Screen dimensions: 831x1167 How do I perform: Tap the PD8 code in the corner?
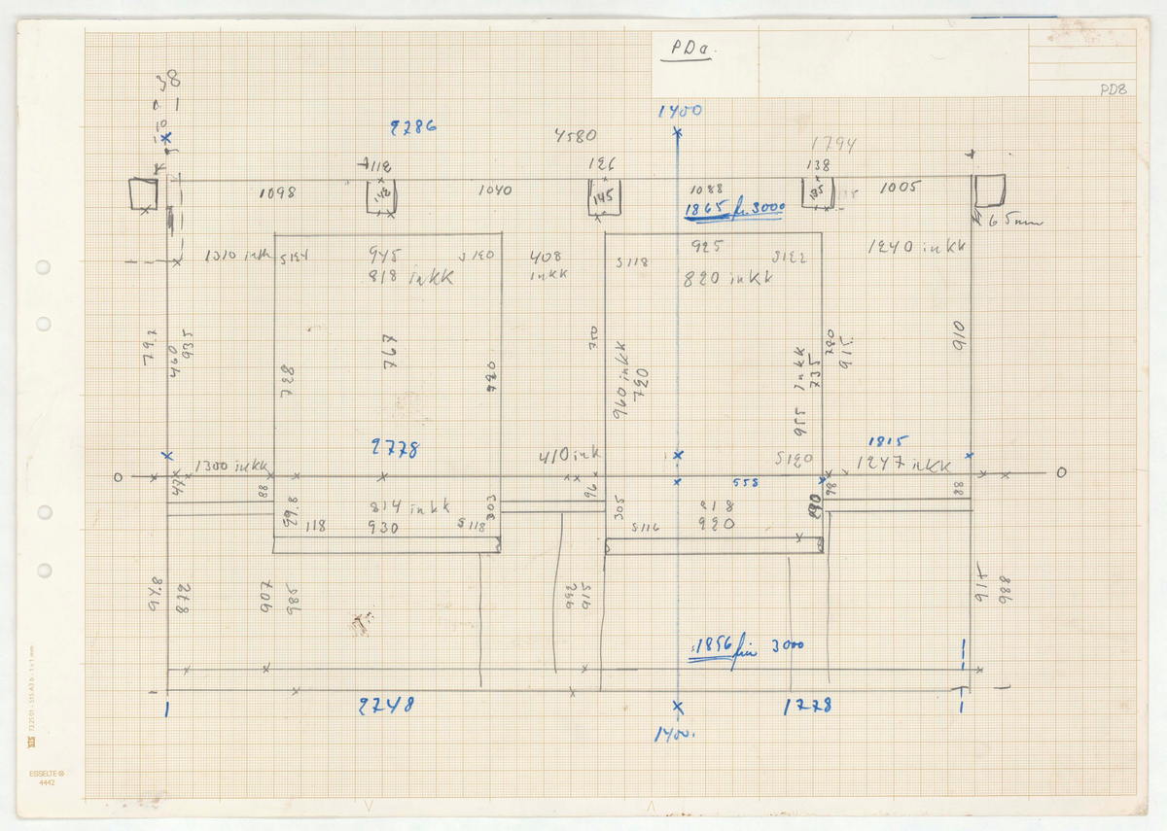1113,90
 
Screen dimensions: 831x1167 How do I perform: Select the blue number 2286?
413,126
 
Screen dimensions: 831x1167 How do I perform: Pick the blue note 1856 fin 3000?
747,650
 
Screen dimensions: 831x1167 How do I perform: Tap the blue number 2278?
395,448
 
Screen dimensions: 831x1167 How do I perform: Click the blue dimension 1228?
807,707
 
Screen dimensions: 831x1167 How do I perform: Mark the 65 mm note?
1013,222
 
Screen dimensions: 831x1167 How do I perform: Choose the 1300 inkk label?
231,467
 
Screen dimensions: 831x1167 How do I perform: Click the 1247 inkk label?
904,465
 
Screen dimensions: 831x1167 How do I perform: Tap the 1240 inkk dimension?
917,248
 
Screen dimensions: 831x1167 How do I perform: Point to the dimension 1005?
900,189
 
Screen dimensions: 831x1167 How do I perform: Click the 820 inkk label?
729,278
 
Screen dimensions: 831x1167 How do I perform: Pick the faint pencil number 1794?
833,146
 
